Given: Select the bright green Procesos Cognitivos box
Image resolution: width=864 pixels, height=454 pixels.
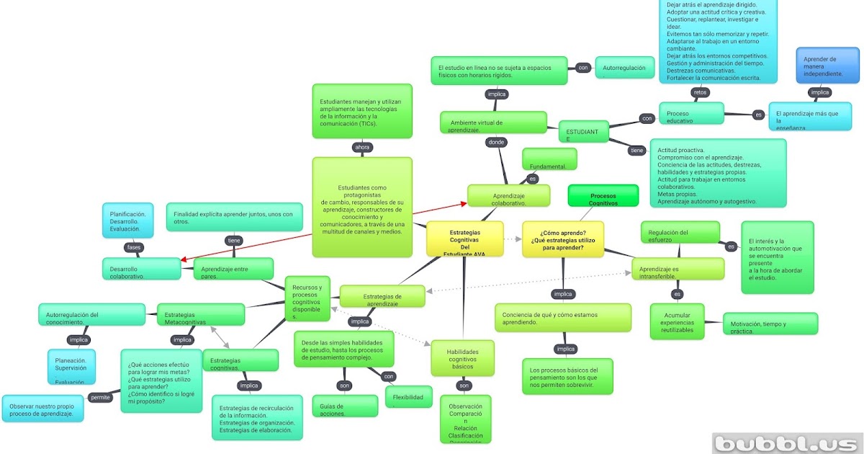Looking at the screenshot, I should tap(603, 197).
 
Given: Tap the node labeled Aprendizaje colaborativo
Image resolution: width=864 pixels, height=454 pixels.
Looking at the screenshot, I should tap(508, 197).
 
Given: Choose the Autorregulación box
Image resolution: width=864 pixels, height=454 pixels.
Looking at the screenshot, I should tap(625, 68).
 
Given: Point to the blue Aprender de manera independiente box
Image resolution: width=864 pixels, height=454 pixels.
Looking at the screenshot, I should tap(827, 66).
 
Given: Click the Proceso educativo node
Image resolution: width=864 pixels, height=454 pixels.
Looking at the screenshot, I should tap(690, 114).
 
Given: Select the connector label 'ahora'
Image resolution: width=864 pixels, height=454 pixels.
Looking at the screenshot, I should tap(362, 148).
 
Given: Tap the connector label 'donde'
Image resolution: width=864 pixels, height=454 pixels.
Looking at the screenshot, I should tap(496, 142).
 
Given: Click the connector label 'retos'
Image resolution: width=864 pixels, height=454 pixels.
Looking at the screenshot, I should tap(700, 92).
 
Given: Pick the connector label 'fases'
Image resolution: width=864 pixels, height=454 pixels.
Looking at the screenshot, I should tap(134, 247).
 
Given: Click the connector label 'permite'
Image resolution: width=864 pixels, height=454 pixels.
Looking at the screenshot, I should tap(100, 397).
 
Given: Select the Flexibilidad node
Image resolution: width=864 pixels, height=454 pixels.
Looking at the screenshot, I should tap(408, 396).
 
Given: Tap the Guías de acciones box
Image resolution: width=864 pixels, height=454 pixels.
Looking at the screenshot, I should tap(345, 406).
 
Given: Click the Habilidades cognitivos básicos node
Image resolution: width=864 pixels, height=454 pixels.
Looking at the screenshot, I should tap(462, 357).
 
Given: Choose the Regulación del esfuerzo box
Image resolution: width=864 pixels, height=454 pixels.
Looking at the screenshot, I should tap(680, 232).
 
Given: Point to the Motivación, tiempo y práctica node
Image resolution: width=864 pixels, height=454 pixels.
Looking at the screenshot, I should tap(770, 324).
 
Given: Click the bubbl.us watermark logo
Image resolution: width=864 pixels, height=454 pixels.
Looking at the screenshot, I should tap(786, 443).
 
